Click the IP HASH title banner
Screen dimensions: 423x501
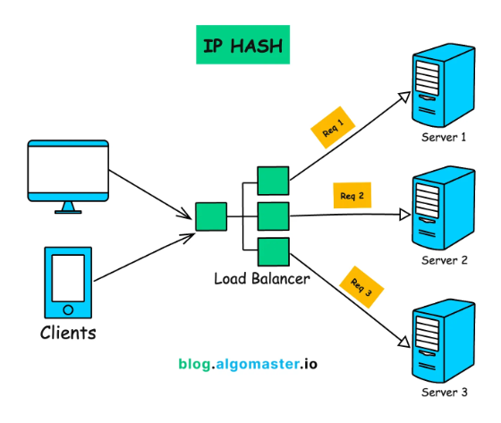tap(243, 45)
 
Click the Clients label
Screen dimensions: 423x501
tap(68, 334)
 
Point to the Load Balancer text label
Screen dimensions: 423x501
tap(261, 278)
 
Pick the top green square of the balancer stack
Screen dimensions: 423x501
tap(271, 180)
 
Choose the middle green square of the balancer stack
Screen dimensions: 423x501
tap(271, 216)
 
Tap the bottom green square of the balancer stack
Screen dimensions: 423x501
tap(271, 251)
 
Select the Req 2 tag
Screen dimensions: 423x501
tap(352, 196)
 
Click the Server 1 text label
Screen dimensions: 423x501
tap(445, 139)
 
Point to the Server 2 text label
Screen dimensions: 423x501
tap(445, 260)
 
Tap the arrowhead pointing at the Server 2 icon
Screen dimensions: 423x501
tap(404, 215)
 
